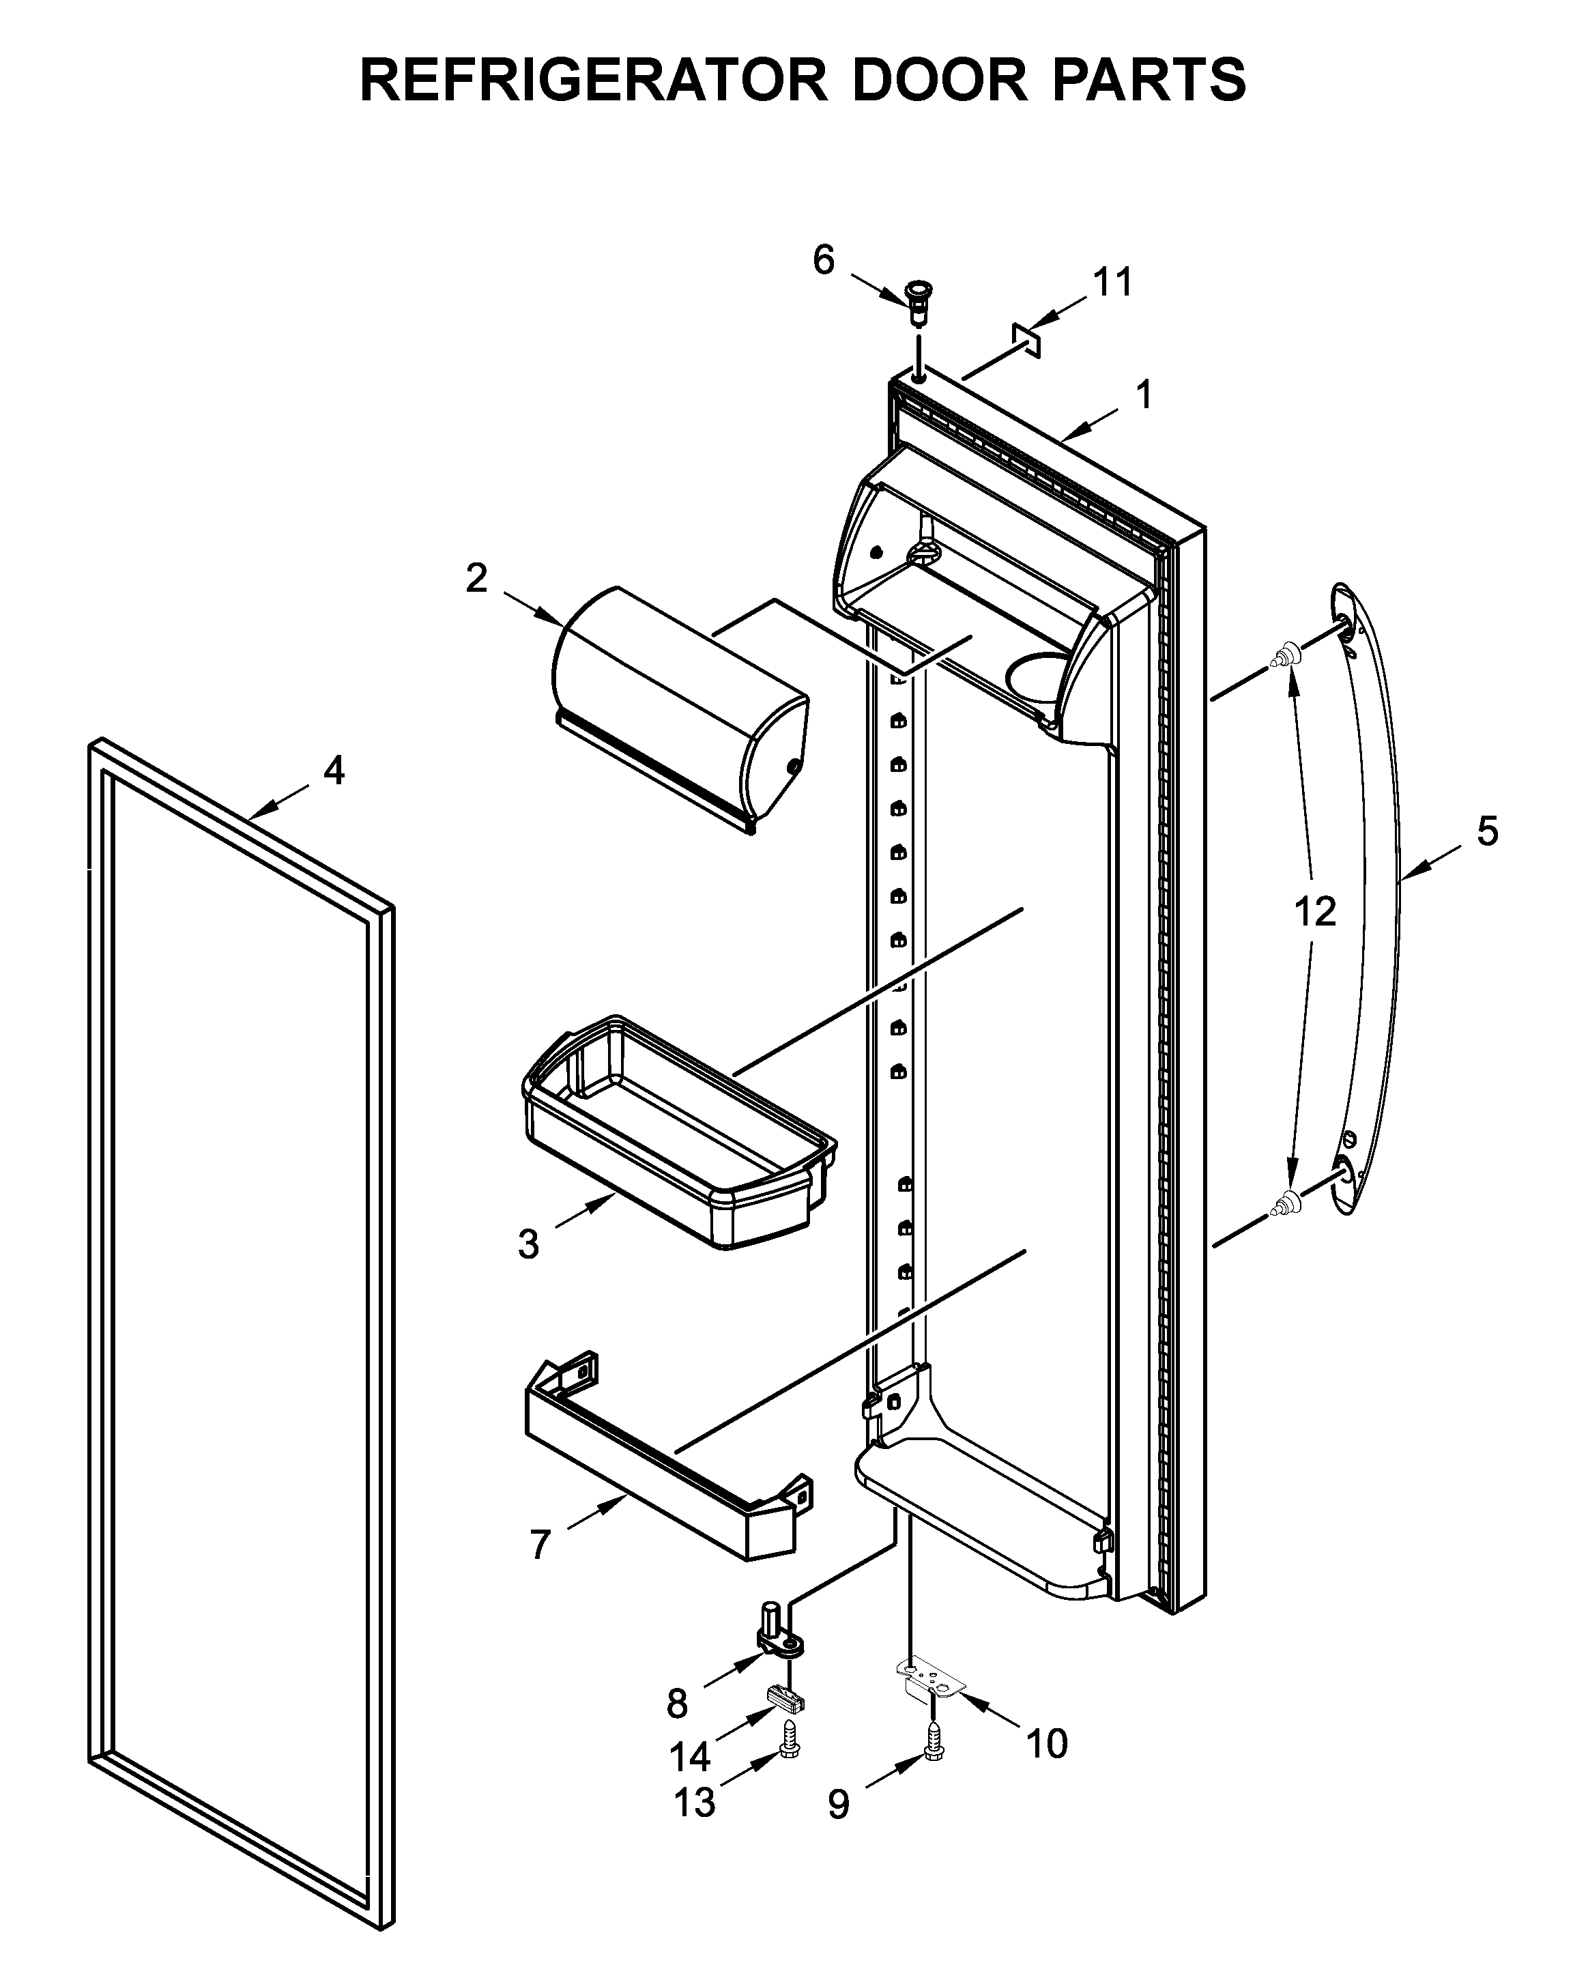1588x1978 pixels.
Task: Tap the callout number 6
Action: (x=823, y=261)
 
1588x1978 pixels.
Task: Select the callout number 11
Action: (x=1113, y=282)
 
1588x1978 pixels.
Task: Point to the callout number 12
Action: (x=1314, y=912)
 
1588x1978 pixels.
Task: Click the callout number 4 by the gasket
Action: (x=334, y=771)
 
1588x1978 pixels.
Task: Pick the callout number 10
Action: (x=1047, y=1744)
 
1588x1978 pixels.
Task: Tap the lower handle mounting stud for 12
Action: (x=1286, y=1201)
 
